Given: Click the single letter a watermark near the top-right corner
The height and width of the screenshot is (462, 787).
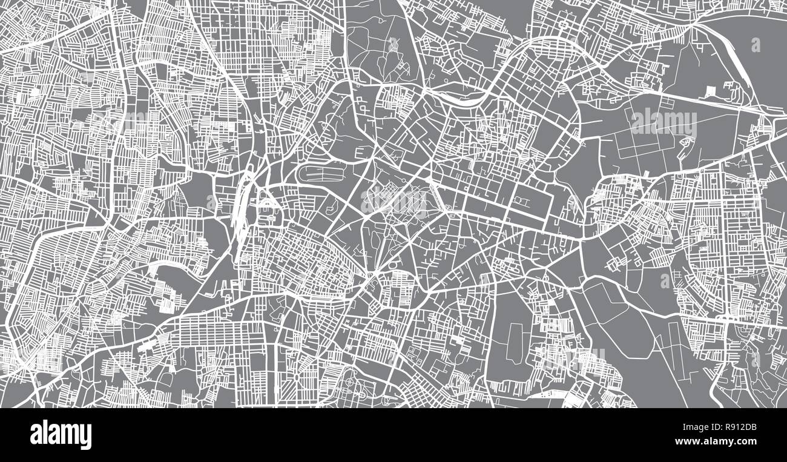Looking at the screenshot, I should (756, 44).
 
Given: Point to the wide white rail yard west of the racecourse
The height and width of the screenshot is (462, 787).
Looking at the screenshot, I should (241, 206).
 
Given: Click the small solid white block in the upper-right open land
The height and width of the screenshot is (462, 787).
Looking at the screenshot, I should (710, 92).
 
